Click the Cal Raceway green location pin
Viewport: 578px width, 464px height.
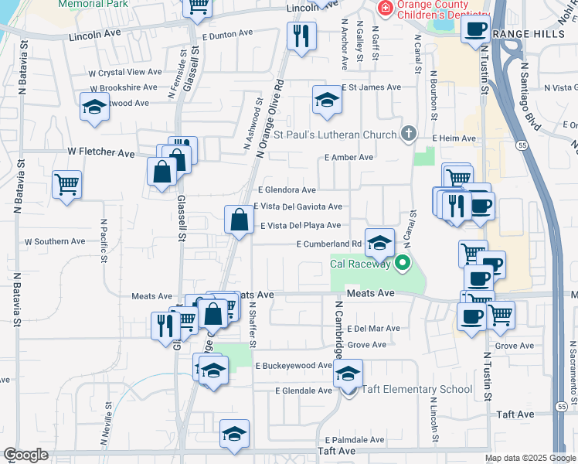(402, 264)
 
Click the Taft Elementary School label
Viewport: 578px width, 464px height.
(417, 389)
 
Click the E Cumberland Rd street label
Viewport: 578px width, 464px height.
(329, 244)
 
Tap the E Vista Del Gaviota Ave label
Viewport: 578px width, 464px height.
(297, 206)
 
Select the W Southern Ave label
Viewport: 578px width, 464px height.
(55, 241)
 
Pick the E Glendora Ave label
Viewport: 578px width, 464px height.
(287, 189)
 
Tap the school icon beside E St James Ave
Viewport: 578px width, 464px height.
(327, 100)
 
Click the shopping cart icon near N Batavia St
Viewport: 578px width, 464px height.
(67, 184)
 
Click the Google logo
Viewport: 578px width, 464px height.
(25, 455)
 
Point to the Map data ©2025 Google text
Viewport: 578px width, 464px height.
(530, 458)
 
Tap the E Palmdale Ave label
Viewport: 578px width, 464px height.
(354, 439)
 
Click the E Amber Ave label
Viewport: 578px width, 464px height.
(349, 157)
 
